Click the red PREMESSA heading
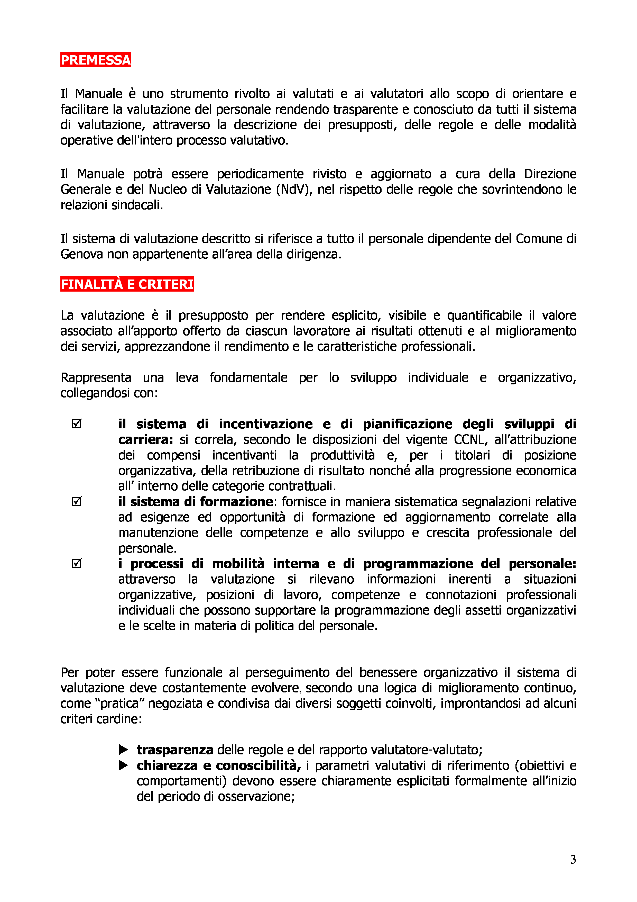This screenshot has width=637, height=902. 95,60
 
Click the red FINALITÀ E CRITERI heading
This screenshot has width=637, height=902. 127,284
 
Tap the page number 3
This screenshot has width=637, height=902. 573,859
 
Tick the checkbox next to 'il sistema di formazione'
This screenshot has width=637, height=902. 77,502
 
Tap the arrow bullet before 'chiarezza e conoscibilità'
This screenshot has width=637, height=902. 123,765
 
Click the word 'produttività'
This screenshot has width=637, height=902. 342,455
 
